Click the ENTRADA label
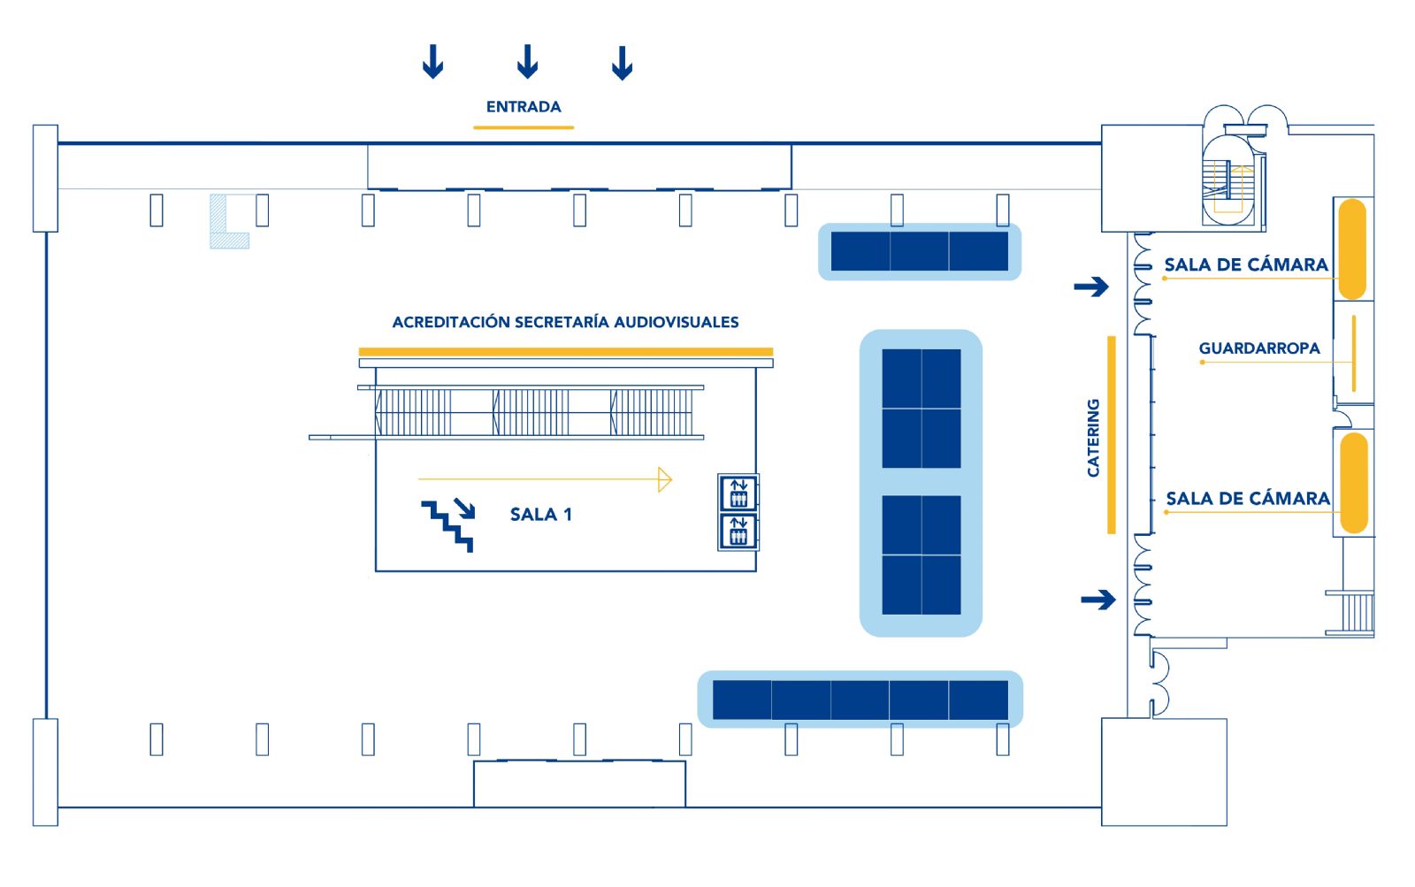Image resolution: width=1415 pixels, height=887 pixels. coord(524,107)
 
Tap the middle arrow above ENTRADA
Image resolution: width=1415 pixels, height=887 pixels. coord(527,61)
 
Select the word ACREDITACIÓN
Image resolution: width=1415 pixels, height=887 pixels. coord(451,322)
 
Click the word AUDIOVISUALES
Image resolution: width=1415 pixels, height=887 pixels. coord(676,322)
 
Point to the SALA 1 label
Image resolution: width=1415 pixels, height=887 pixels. coord(540,515)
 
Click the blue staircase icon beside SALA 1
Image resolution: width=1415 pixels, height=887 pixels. coord(448,525)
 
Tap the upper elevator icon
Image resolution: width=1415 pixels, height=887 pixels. coord(738,493)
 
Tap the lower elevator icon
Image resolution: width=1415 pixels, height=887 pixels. coord(738,531)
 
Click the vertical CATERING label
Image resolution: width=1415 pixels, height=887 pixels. coord(1093,437)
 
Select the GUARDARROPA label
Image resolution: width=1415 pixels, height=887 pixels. coord(1259,348)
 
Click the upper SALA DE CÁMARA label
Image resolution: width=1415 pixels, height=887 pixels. coord(1246,264)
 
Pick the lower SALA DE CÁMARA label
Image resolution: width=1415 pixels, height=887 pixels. coord(1248,499)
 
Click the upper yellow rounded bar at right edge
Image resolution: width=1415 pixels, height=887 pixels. coord(1352,249)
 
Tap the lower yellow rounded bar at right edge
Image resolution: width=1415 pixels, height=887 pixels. coord(1354,484)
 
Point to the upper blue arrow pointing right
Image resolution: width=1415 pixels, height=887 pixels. coord(1091,287)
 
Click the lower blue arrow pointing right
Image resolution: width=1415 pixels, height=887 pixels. coord(1098,600)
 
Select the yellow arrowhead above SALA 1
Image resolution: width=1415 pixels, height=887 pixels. coord(664,479)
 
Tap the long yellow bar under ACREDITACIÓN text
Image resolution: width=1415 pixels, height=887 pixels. coord(566,352)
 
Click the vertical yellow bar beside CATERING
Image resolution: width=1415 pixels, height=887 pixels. coord(1112,434)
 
